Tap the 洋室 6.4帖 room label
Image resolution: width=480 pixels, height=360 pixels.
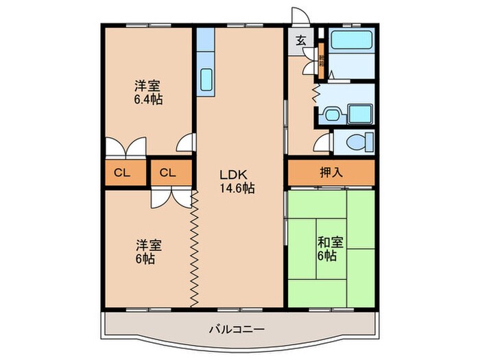tap(148, 93)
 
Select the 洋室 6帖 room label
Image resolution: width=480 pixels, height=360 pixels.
tap(148, 251)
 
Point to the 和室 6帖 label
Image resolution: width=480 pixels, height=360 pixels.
tap(331, 248)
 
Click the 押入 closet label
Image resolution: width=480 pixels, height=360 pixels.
tap(331, 173)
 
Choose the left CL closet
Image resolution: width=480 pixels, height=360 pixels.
tap(122, 173)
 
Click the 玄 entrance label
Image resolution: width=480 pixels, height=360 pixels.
tap(301, 40)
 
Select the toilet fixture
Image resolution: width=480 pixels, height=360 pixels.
tap(357, 143)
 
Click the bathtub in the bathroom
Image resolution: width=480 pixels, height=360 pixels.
tap(350, 41)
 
